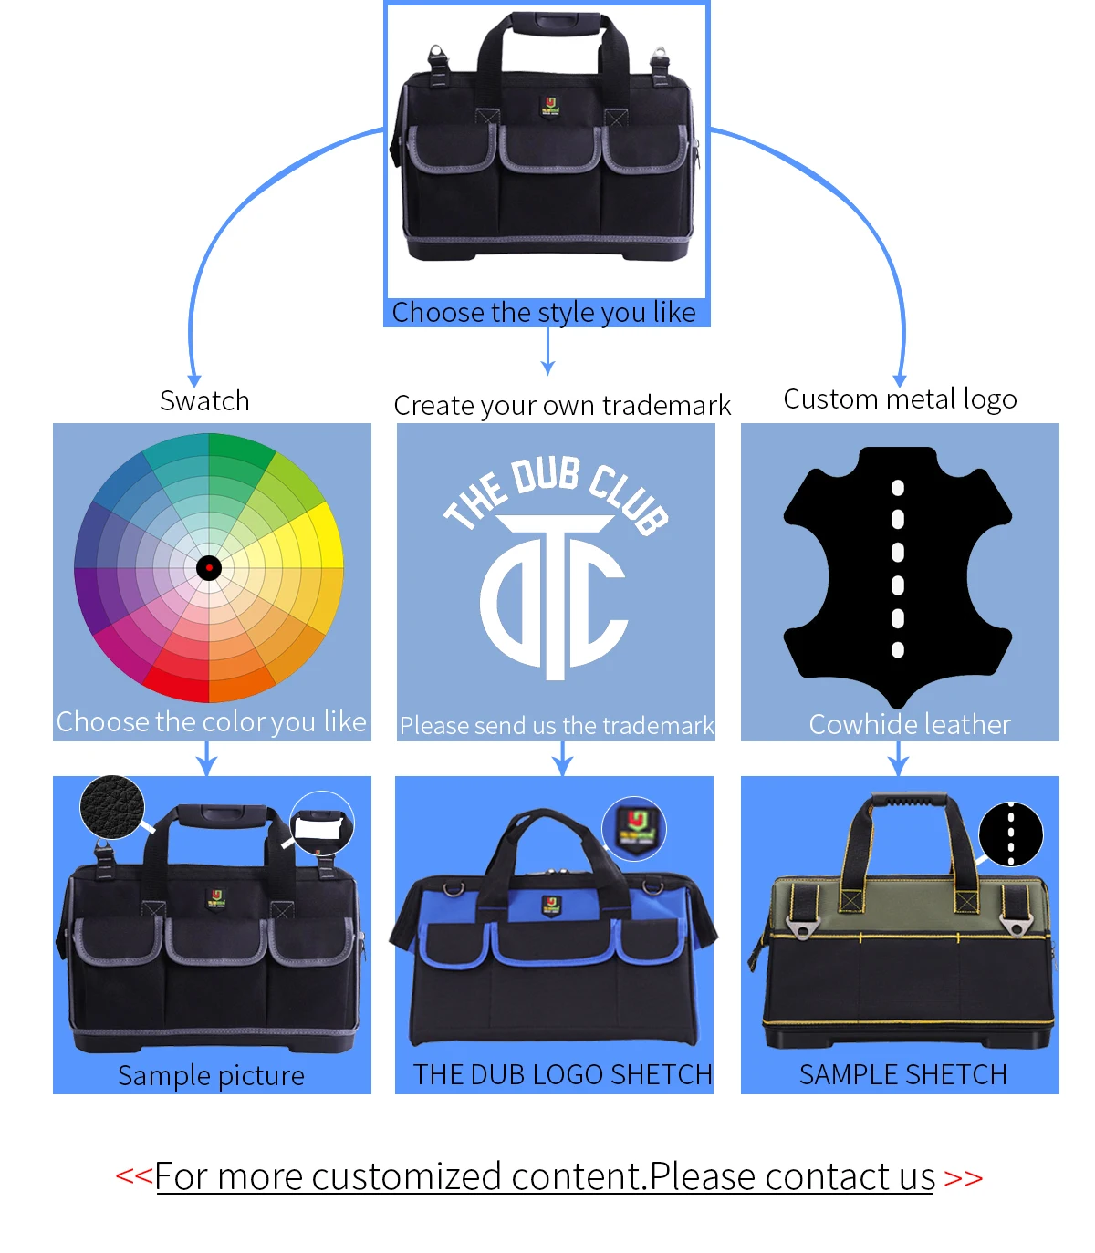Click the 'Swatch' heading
coord(204,401)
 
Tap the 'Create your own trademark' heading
coord(562,405)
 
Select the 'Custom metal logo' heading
coord(900,399)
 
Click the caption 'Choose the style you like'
coord(544,313)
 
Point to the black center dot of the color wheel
coord(209,568)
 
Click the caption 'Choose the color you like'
coord(212,722)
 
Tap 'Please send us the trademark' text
coord(557,726)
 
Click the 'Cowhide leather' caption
coord(910,725)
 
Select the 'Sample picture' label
coord(211,1076)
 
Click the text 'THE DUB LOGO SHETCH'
coord(562,1075)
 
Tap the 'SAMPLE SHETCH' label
coord(902,1075)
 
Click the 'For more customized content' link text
coord(545,1177)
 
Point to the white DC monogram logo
coord(554,597)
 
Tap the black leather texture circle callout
coord(112,807)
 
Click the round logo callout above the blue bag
coord(635,829)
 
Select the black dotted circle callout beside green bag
coord(1010,834)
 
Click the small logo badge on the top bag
coord(549,107)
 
